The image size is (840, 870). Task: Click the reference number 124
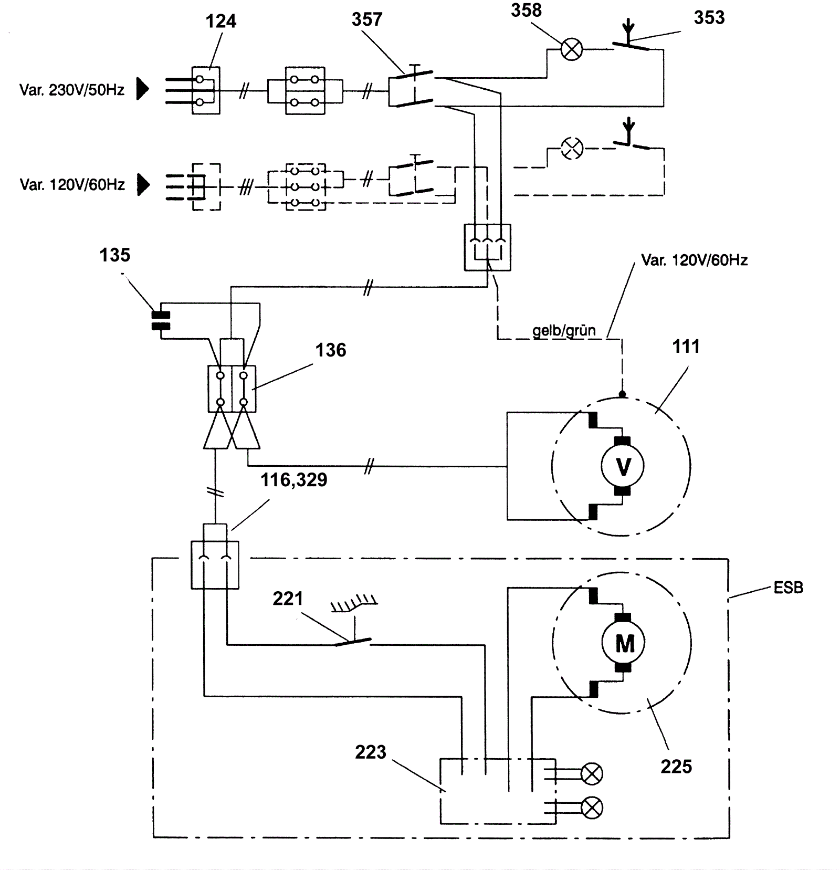(220, 22)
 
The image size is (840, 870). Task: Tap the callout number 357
(367, 20)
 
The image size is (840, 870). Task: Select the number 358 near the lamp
(526, 11)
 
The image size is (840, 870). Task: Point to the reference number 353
(709, 18)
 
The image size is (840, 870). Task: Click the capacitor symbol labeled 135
(161, 320)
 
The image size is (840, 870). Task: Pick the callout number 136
(330, 350)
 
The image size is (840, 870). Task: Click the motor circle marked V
(623, 466)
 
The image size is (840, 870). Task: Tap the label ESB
(788, 588)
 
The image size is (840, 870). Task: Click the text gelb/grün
(564, 331)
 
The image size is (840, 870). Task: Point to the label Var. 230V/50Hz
(72, 90)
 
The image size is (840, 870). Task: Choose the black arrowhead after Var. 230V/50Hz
(142, 89)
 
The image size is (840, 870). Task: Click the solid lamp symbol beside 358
(572, 50)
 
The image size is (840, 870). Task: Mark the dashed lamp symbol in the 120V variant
(572, 148)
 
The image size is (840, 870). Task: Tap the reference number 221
(288, 599)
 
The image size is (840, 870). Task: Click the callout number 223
(370, 752)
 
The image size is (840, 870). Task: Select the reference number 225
(676, 767)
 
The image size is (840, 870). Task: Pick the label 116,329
(294, 479)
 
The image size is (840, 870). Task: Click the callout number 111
(686, 347)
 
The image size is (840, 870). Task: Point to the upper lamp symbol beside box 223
(592, 773)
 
